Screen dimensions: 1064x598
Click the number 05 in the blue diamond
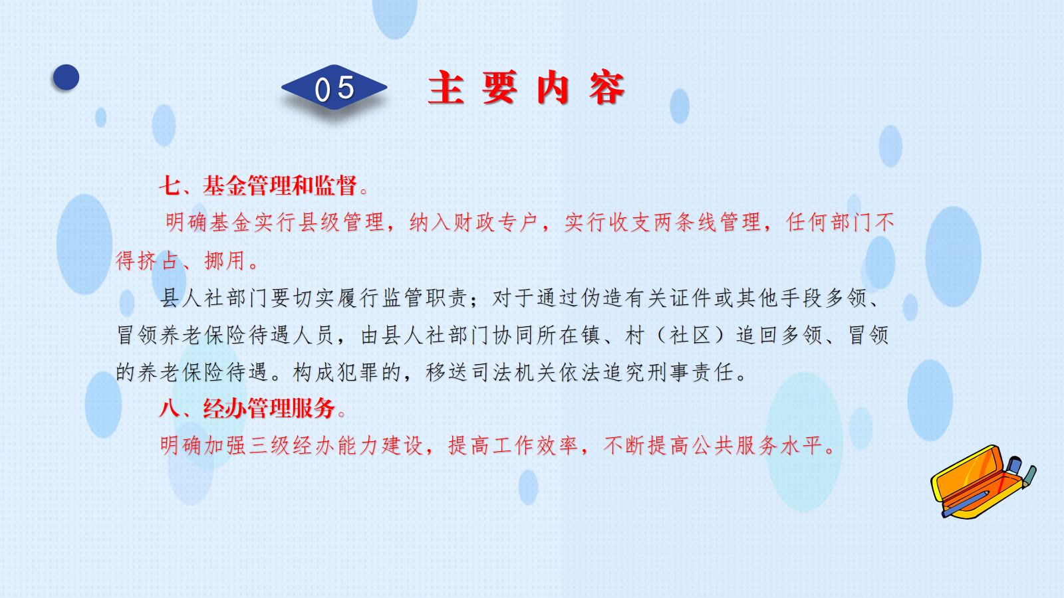tap(334, 88)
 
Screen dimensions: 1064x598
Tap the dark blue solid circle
tap(66, 77)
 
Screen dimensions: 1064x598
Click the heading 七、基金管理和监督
tap(258, 185)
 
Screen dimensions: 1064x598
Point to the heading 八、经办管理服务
tap(247, 408)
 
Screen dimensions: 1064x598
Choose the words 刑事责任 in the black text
tap(691, 373)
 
